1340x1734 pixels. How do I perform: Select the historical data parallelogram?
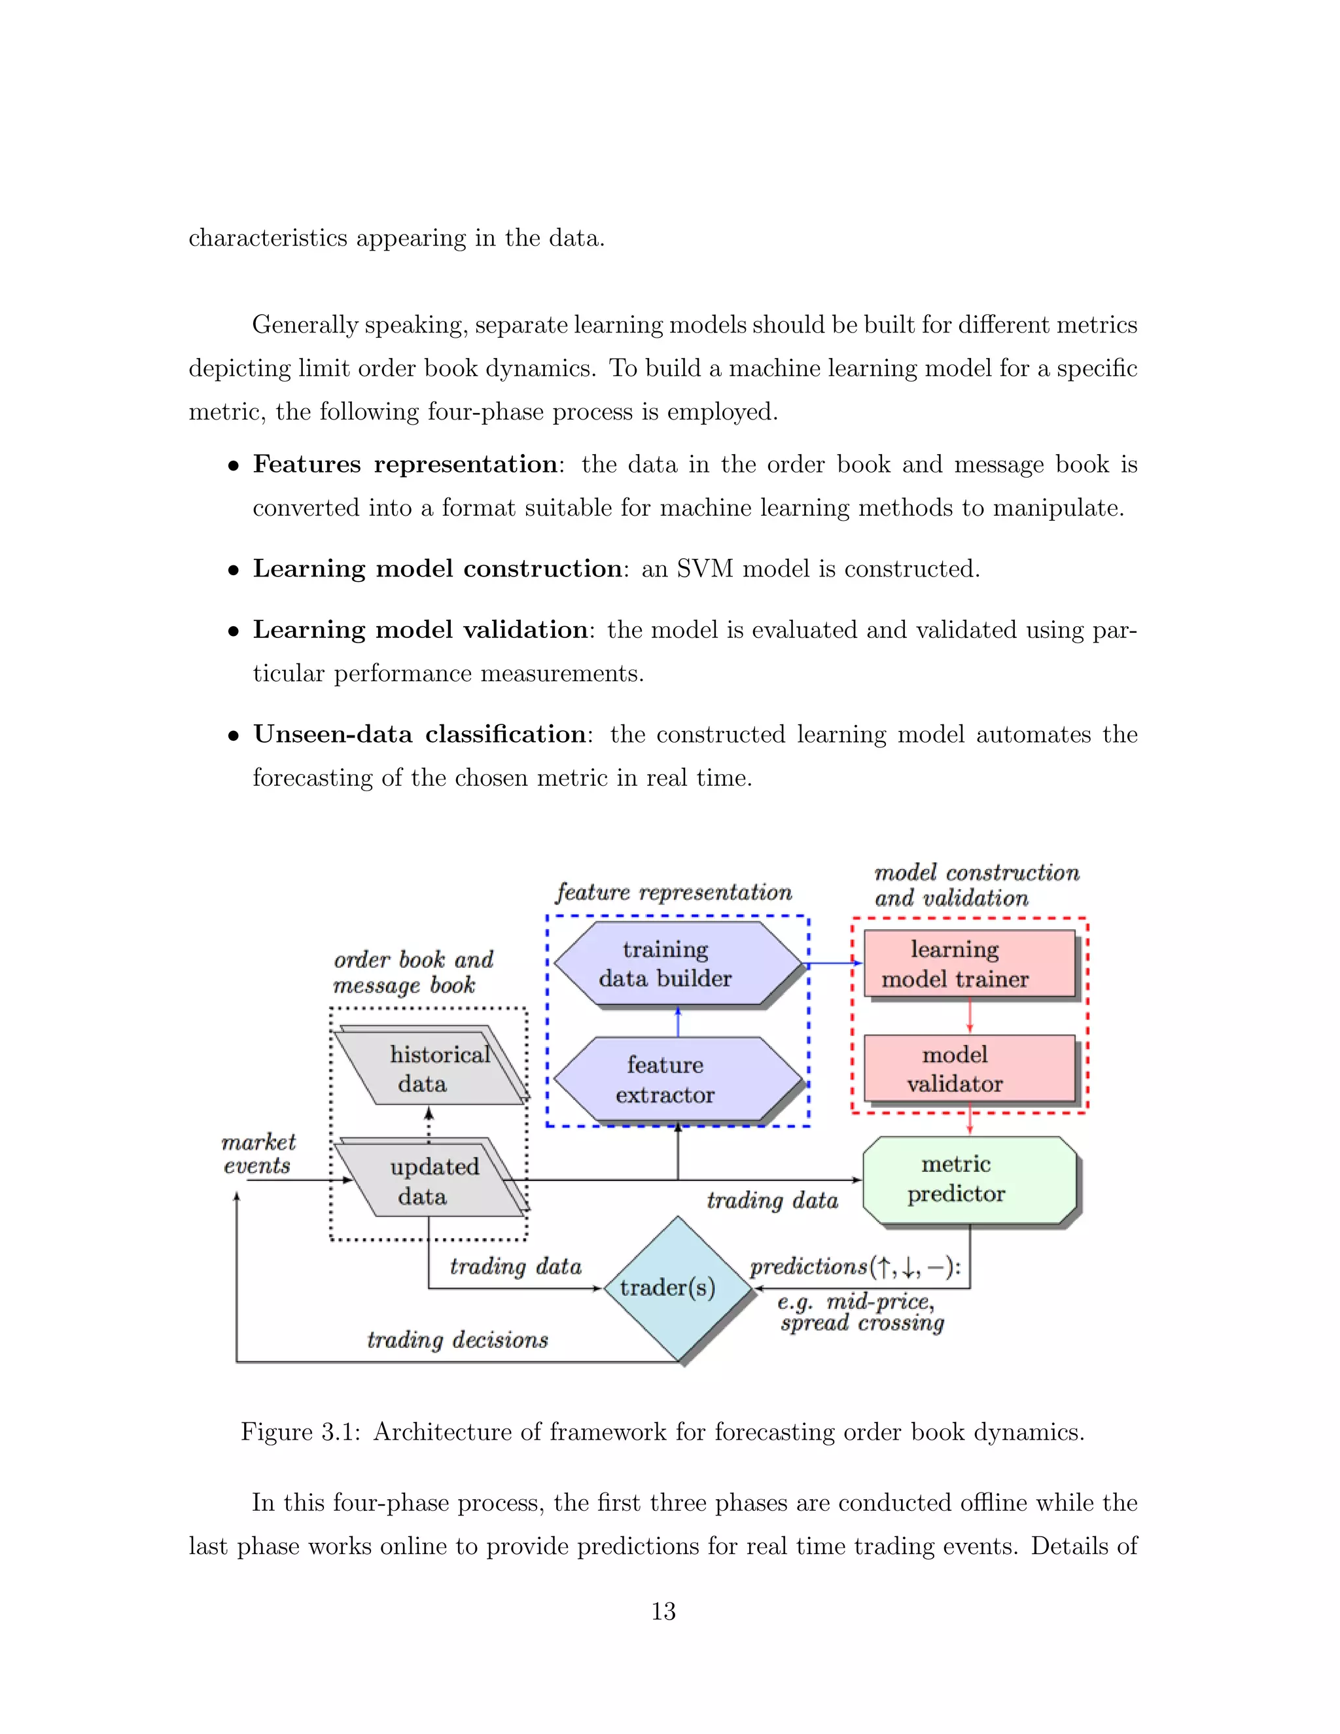[x=429, y=1068]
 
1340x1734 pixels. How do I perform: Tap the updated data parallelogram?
[x=429, y=1180]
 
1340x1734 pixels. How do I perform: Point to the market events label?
[x=258, y=1154]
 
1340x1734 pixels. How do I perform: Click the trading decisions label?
[x=457, y=1340]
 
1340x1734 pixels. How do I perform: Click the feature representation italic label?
[x=673, y=893]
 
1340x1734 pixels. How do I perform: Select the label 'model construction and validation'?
[x=976, y=885]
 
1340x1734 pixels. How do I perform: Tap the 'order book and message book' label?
[x=413, y=972]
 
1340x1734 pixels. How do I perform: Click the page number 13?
[x=663, y=1611]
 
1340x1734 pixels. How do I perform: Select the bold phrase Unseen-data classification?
[x=419, y=734]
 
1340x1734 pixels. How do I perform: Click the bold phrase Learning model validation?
[x=419, y=629]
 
